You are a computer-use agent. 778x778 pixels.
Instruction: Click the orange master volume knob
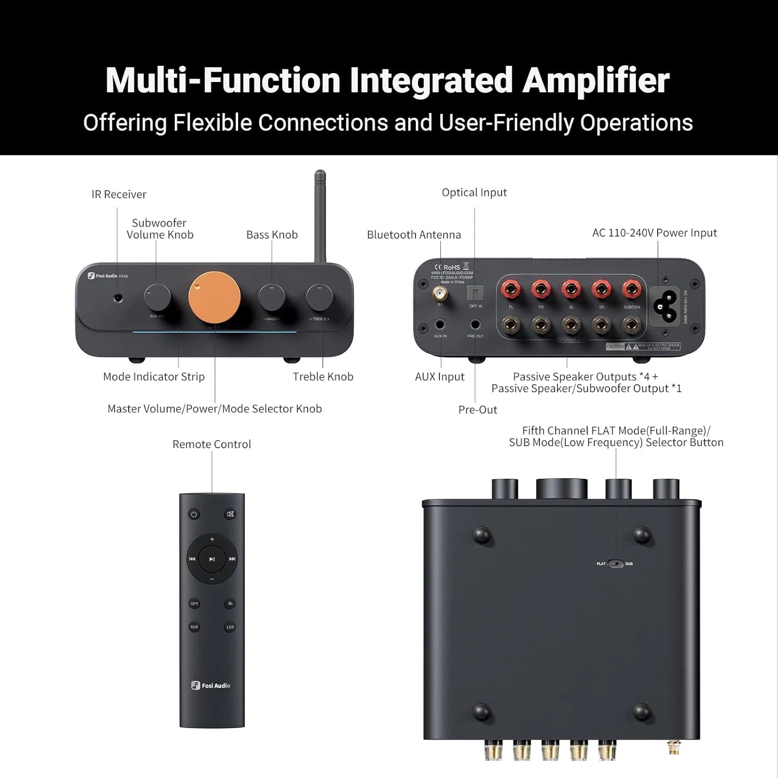click(214, 298)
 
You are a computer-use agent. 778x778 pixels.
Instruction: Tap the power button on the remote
click(194, 515)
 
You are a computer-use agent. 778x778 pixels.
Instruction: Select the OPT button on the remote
click(194, 604)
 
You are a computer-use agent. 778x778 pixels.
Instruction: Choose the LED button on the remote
click(230, 627)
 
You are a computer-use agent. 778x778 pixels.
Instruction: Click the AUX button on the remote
click(194, 627)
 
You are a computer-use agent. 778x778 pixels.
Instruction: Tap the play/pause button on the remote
click(212, 559)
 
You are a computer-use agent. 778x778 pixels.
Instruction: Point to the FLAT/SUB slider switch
click(616, 564)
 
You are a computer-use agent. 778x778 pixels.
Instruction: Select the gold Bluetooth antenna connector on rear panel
click(440, 295)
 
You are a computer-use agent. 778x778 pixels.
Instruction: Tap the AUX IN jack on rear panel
click(440, 325)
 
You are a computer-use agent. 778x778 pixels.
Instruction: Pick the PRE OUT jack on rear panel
click(475, 325)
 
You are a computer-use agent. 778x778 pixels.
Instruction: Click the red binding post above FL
click(511, 289)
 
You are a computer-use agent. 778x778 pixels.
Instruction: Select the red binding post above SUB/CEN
click(631, 289)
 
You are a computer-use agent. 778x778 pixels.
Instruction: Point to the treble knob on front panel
click(319, 297)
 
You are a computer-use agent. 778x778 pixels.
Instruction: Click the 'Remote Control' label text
click(212, 444)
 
